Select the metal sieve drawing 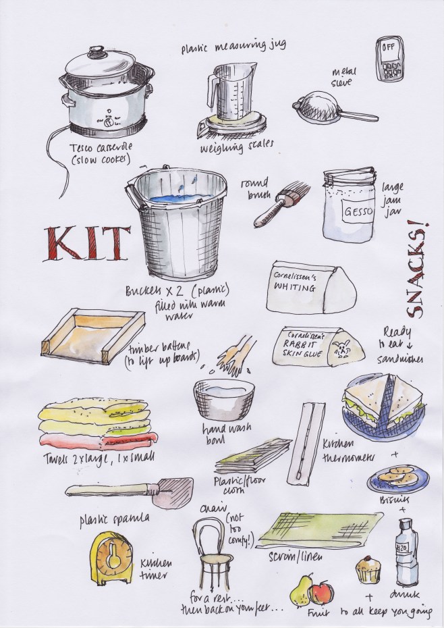tap(316, 107)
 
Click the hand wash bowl tap(223, 398)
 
